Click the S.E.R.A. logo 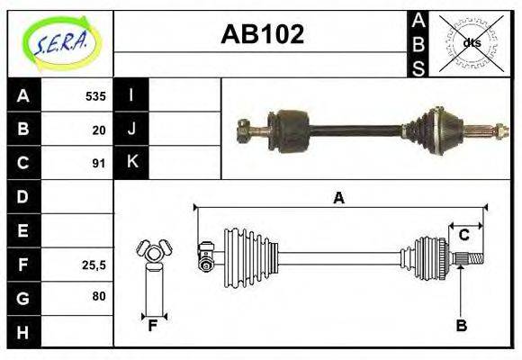click(59, 43)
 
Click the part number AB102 click(262, 35)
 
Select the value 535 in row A click(95, 96)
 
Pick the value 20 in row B click(99, 130)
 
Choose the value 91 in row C click(99, 164)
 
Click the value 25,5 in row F click(94, 265)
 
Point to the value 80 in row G click(99, 296)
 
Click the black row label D click(23, 196)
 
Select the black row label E click(23, 230)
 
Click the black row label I click(132, 95)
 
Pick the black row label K click(132, 163)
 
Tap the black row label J click(132, 129)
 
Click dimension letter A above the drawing click(339, 199)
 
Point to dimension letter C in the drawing click(464, 235)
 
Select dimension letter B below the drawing click(461, 326)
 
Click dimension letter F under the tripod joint click(154, 326)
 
